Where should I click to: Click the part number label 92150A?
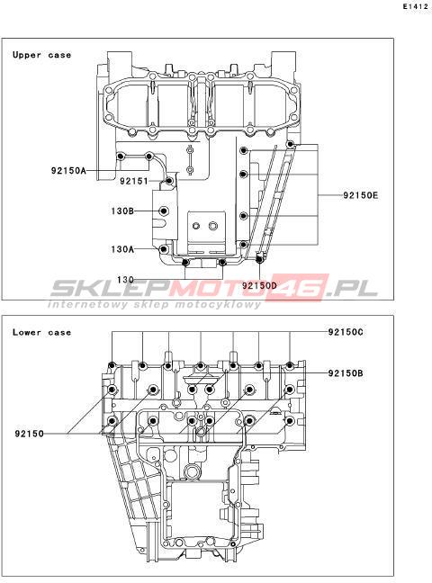(x=68, y=171)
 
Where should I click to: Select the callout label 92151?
(x=134, y=181)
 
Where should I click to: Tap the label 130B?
(x=122, y=211)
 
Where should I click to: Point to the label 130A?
(x=122, y=248)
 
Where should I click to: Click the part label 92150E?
(x=360, y=195)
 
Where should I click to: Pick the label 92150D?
(x=260, y=285)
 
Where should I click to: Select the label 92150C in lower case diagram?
(x=346, y=332)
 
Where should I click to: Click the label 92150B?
(x=346, y=373)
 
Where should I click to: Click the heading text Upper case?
(x=41, y=55)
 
